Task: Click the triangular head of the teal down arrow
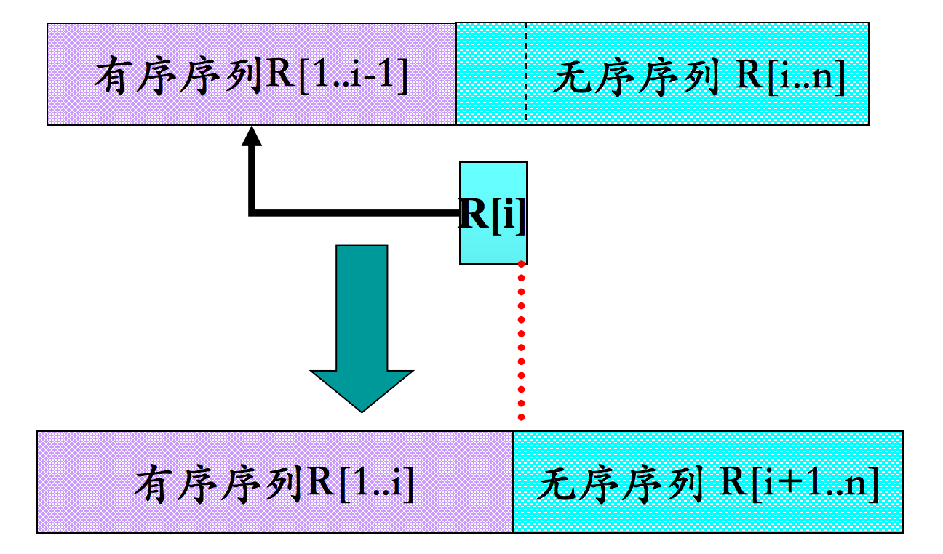362,389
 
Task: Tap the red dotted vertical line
521,342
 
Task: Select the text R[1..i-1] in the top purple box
337,76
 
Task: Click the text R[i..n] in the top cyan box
789,77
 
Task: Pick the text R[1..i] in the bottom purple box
360,483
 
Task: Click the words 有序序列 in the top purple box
179,76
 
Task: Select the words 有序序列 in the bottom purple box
219,483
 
